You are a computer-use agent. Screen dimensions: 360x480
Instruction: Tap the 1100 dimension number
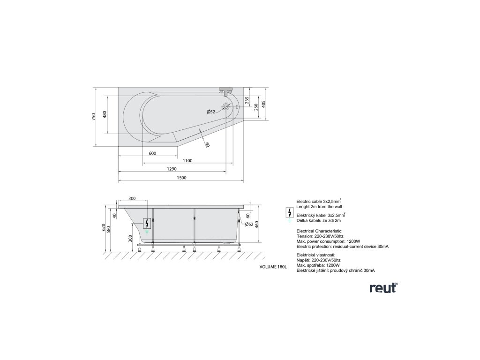(x=187, y=161)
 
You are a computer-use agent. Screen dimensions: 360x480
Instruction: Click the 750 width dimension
(x=94, y=116)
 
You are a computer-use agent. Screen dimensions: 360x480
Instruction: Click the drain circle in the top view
(x=226, y=107)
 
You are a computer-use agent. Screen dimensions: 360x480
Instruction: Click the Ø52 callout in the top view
(x=211, y=112)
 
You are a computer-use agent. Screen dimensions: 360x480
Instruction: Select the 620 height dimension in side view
(x=104, y=228)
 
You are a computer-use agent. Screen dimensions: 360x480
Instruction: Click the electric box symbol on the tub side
(x=148, y=225)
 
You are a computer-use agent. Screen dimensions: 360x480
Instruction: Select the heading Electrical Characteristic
(x=319, y=231)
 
